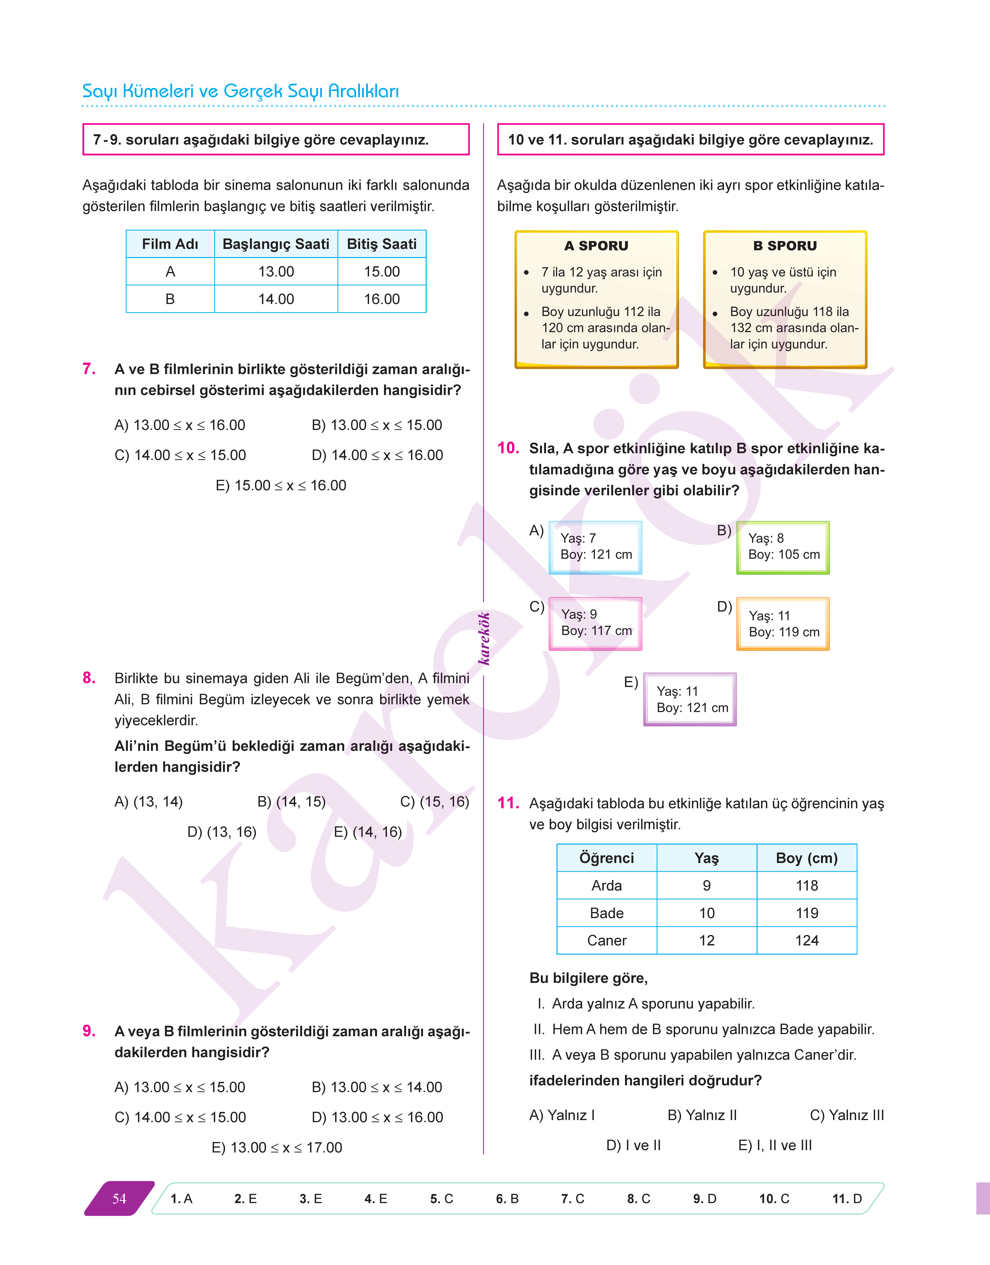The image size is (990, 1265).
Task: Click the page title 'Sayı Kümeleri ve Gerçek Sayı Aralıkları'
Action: point(241,91)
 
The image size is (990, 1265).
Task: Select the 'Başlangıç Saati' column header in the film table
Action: point(276,244)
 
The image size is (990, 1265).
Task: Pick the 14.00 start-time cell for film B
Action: point(276,299)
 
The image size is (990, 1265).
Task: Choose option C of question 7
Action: point(180,455)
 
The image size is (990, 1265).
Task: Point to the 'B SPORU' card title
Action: point(785,246)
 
